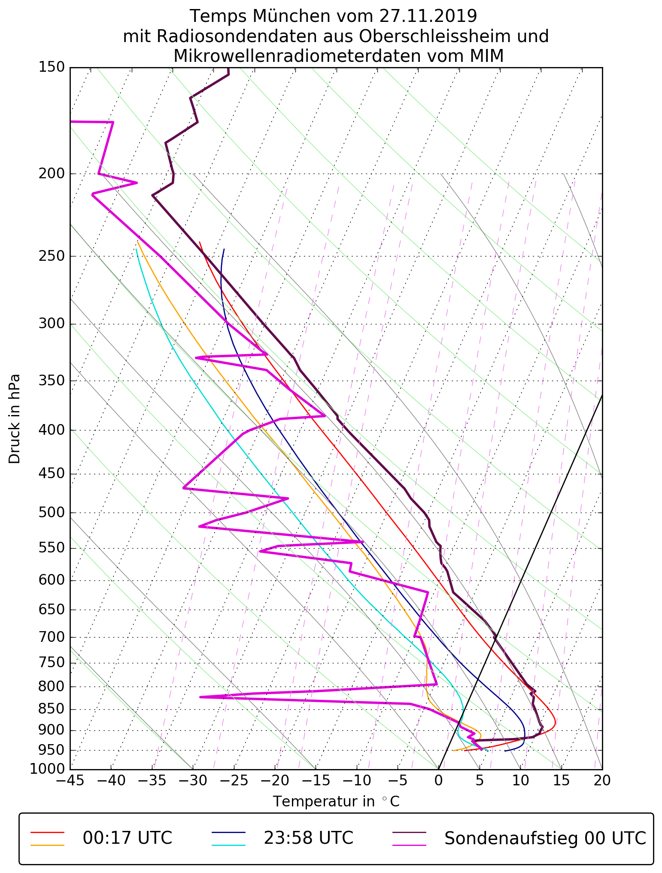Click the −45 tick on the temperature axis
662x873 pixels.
pos(70,780)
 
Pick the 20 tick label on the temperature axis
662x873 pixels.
pos(602,780)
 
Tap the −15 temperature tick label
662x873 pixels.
pos(316,780)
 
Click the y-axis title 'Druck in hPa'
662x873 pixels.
pos(15,419)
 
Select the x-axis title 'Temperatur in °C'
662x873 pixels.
pos(336,801)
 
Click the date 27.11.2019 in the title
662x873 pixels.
pos(428,16)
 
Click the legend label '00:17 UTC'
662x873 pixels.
pos(128,838)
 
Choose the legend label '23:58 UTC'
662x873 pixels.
pos(308,838)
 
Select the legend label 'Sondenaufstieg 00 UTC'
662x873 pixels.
pos(545,838)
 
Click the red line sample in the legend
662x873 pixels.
pos(47,832)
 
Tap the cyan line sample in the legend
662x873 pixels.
pos(228,845)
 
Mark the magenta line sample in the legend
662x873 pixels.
pos(410,845)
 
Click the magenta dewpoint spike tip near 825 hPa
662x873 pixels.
pos(200,697)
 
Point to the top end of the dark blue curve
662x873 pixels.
pos(224,249)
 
